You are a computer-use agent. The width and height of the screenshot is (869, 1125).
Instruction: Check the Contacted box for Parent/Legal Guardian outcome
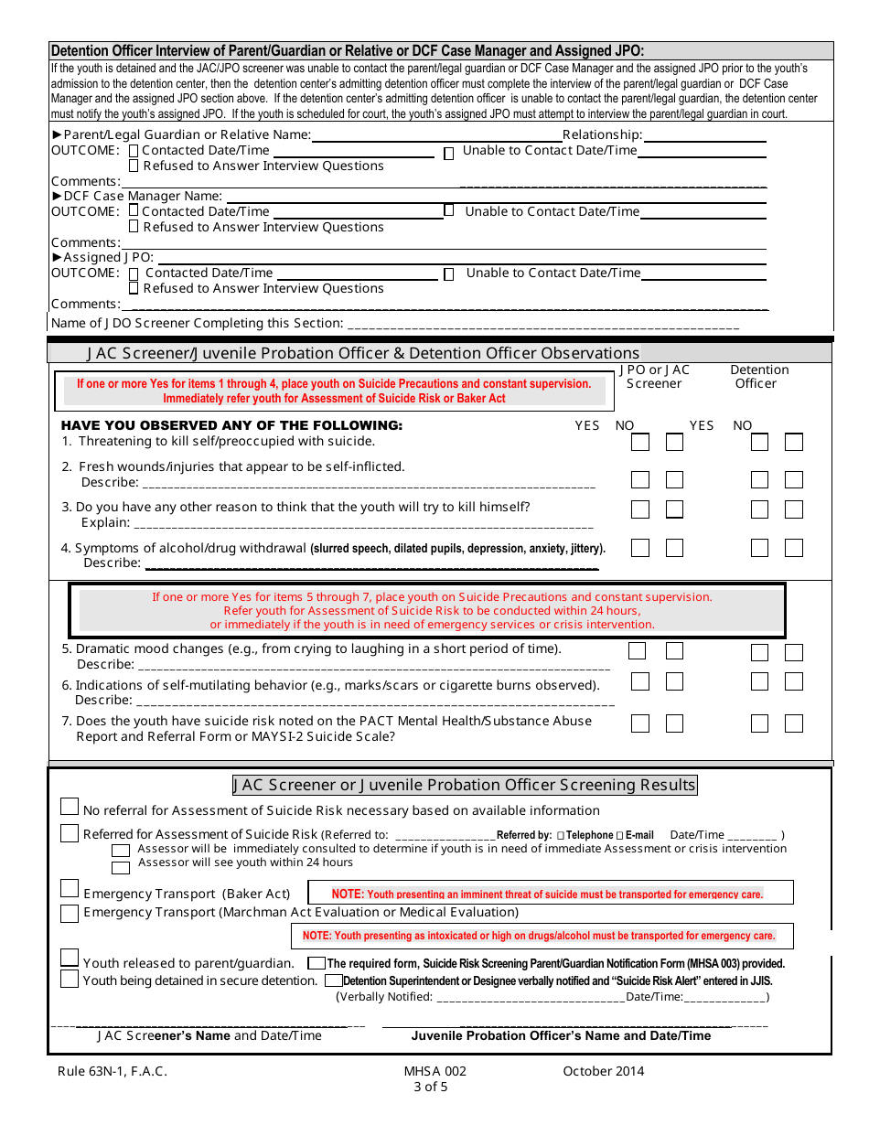pos(134,151)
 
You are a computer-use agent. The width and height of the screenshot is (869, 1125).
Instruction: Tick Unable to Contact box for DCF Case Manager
pos(449,211)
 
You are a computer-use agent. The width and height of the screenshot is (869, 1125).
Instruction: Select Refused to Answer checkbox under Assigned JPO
pos(134,288)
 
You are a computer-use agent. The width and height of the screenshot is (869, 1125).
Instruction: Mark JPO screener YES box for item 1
pos(640,443)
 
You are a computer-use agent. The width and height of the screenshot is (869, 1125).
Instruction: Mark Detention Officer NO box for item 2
pos(794,480)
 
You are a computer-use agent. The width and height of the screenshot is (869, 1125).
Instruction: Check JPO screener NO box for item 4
pos(674,548)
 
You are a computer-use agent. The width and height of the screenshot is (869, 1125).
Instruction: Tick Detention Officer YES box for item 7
pos(759,723)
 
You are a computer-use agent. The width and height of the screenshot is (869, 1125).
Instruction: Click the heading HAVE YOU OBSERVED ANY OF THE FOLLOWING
pos(231,425)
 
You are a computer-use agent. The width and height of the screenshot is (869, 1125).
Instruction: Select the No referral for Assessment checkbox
pos(70,807)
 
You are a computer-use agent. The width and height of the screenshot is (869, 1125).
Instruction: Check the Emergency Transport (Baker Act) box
pos(70,889)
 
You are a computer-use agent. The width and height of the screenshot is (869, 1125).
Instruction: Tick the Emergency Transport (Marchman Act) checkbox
pos(70,913)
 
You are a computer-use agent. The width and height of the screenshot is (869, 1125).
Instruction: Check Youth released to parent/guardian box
pos(70,959)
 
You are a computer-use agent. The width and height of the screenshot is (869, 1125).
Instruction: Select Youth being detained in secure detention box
pos(70,980)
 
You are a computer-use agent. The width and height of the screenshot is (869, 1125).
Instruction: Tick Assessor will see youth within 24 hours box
pos(121,866)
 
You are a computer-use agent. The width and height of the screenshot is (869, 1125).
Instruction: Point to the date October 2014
pos(603,1071)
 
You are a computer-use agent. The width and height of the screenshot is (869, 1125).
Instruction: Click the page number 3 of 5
pos(431,1087)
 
